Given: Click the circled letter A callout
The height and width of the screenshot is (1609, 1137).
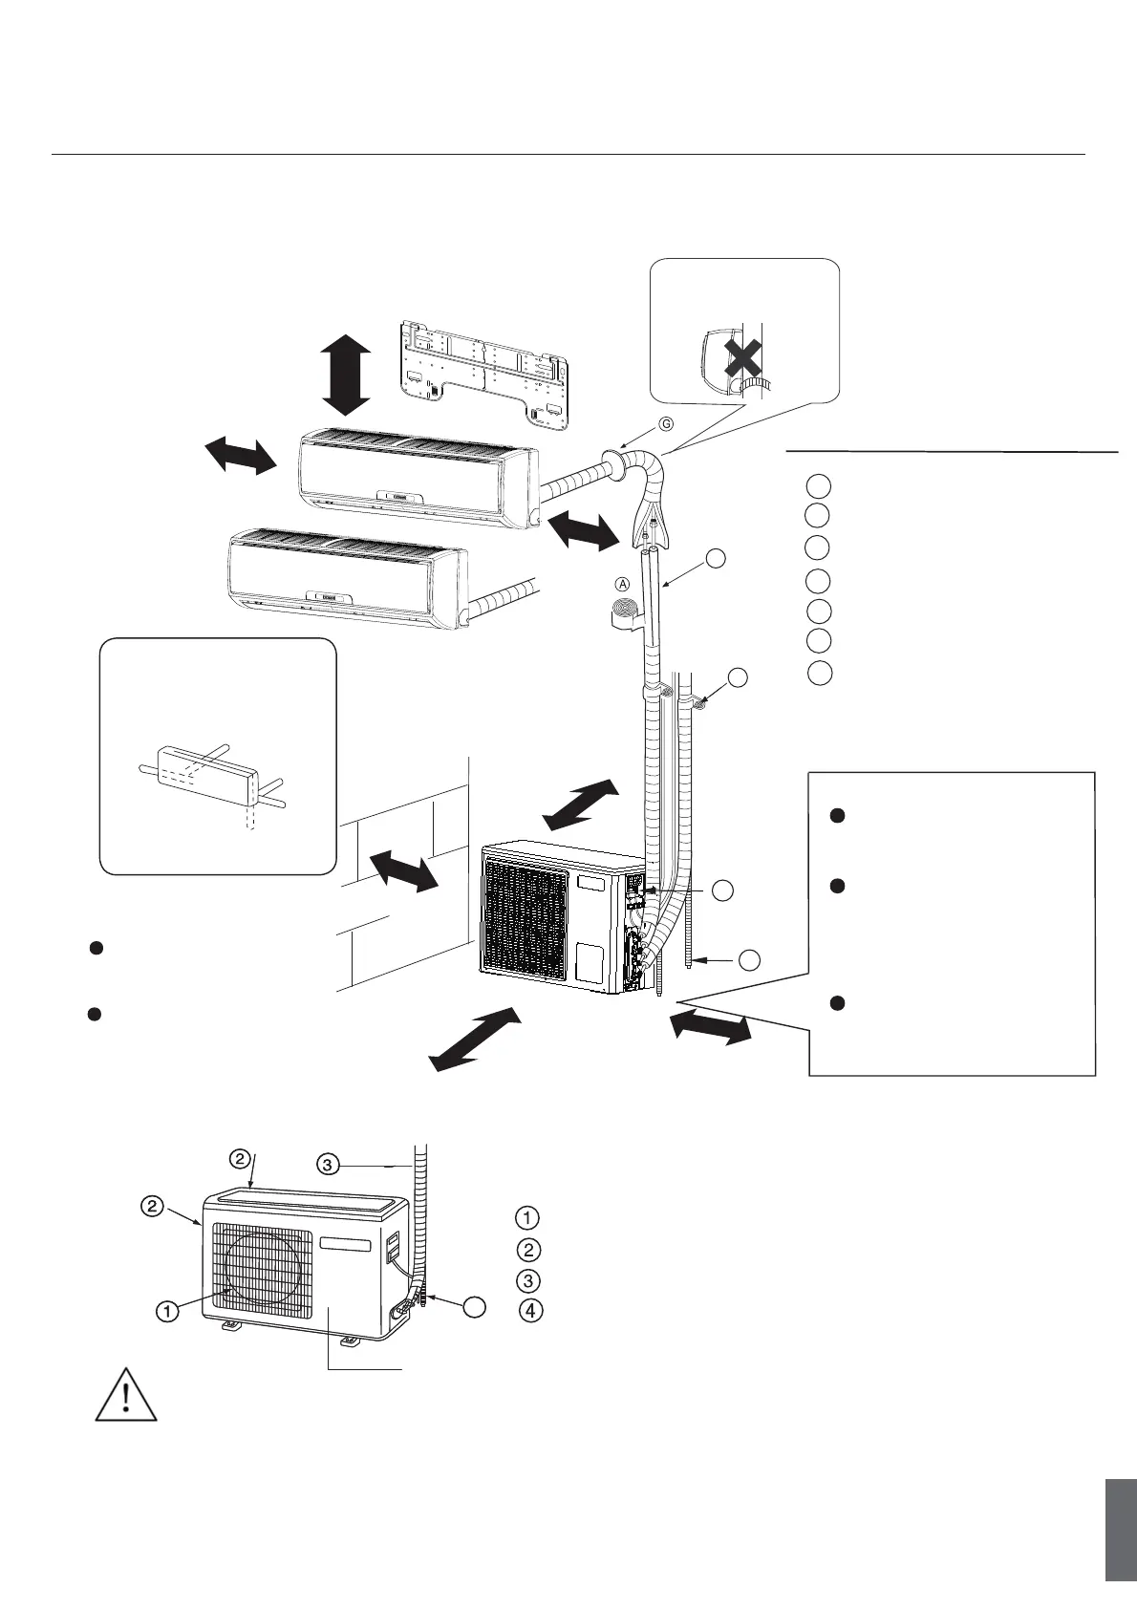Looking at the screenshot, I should click(622, 583).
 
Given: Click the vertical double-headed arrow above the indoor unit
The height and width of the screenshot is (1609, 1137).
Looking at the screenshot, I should click(345, 375).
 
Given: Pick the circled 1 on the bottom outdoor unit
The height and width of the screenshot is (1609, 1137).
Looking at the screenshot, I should click(167, 1312).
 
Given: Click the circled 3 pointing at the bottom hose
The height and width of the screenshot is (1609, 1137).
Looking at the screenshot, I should click(328, 1164).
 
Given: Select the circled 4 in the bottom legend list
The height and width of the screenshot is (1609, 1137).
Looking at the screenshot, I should click(526, 1312).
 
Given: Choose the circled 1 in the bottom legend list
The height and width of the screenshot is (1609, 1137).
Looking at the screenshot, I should click(526, 1218).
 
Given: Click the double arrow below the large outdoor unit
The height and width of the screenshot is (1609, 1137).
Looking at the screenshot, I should click(475, 1039).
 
